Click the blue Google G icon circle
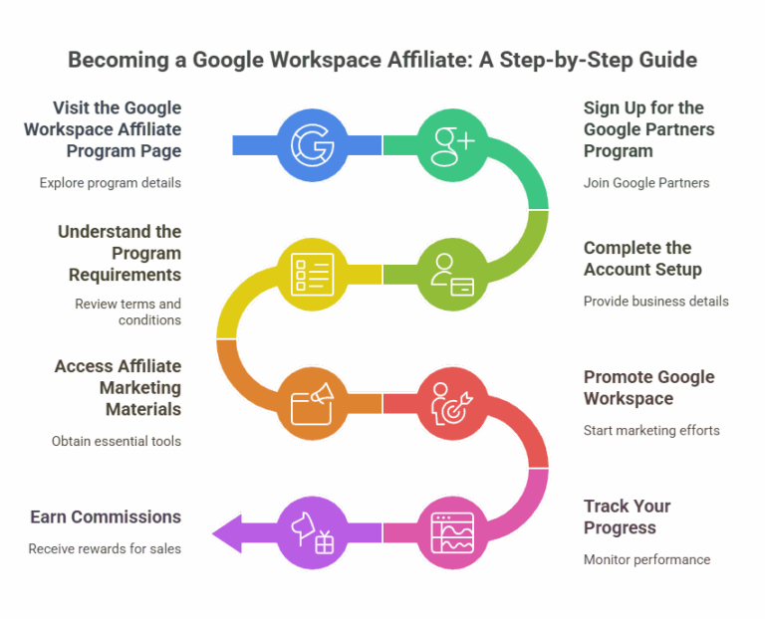coord(312,145)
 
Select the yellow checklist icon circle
coord(312,274)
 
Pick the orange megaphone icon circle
coord(312,403)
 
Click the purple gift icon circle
coord(312,531)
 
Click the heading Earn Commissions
coord(106,516)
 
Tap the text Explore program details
coord(111,183)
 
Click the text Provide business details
coord(655,301)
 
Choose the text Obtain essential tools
coord(117,440)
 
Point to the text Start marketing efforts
coord(650,430)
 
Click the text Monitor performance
coord(646,559)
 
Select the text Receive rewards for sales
coord(105,548)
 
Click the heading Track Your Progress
coord(627,517)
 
